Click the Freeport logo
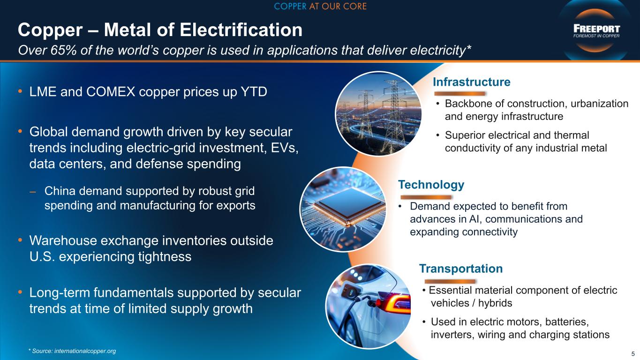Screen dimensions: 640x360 point(596,31)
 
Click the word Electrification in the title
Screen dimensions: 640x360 point(241,30)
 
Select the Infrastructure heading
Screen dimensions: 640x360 point(471,82)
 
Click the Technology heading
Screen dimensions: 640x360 point(431,185)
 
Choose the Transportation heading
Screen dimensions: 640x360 point(461,269)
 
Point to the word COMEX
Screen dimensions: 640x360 point(111,92)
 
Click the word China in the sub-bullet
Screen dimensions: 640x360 point(60,191)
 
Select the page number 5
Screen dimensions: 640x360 point(633,354)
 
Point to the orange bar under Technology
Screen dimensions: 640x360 point(426,197)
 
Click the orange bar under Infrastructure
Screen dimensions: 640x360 point(459,93)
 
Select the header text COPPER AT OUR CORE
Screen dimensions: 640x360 point(320,6)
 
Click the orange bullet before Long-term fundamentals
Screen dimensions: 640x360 point(20,292)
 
